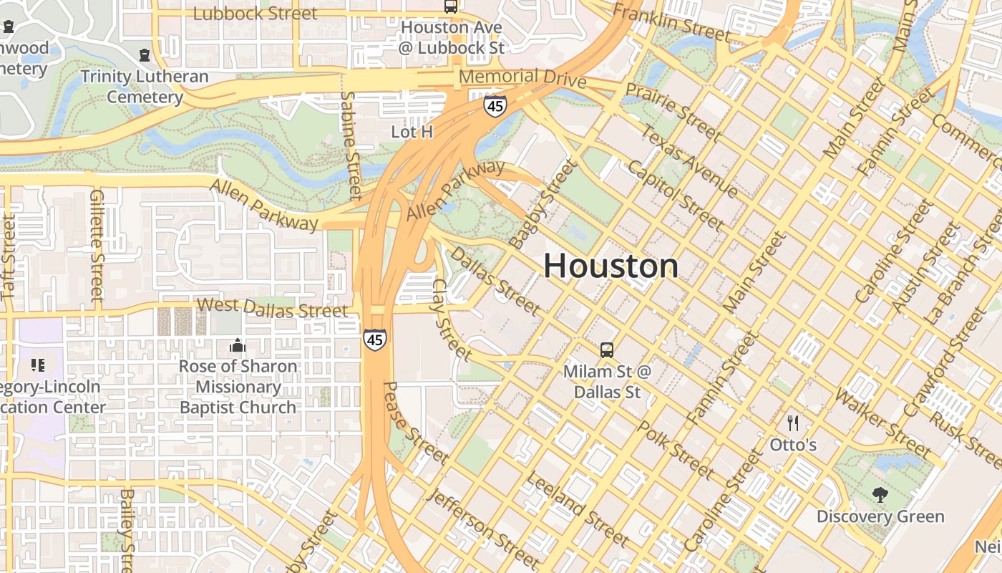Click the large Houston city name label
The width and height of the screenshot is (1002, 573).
coord(611,266)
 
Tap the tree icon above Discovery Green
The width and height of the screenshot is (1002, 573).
coord(880,494)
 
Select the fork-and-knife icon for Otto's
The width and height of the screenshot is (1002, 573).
coord(792,423)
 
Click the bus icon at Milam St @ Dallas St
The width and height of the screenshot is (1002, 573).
coord(606,350)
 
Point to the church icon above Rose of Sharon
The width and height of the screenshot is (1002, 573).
coord(237,346)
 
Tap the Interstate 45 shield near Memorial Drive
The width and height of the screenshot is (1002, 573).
coord(495,106)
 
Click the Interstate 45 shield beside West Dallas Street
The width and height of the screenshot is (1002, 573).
coord(374,339)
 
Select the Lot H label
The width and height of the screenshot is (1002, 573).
coord(412,132)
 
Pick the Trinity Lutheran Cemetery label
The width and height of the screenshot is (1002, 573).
coord(144,87)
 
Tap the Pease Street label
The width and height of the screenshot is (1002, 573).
coord(415,423)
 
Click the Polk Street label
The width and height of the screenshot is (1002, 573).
coord(675,450)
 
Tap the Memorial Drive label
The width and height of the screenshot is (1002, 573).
coord(522,77)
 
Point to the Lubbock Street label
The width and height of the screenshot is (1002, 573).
coord(255,13)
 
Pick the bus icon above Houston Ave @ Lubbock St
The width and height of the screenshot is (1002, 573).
coord(451,6)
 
